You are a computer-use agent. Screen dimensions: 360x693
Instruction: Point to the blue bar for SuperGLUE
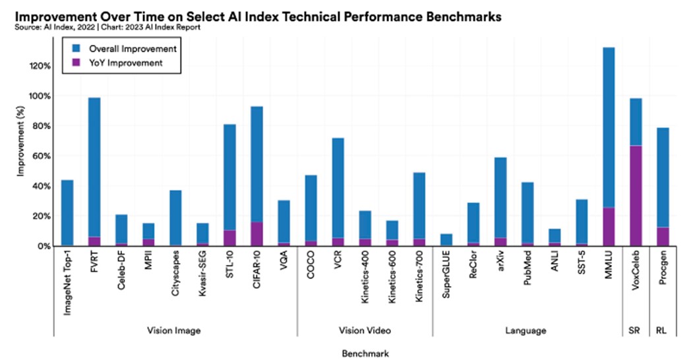coord(446,240)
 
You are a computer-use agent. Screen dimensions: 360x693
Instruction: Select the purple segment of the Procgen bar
coord(662,237)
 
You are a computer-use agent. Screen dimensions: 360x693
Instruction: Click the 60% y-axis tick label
coord(38,156)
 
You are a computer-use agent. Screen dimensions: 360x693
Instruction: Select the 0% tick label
coord(40,246)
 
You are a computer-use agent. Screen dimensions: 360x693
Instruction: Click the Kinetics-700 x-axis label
coord(419,277)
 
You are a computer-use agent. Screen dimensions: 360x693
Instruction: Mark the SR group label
coord(635,330)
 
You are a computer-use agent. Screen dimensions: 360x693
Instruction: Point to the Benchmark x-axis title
coord(365,353)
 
